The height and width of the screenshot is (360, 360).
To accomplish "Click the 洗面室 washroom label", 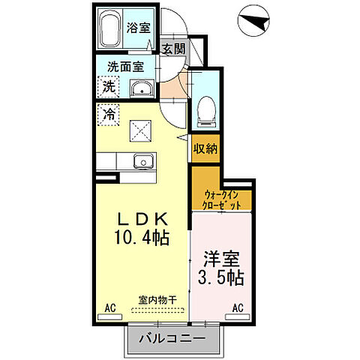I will click(x=125, y=66).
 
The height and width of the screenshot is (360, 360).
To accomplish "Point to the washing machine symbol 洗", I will click(x=109, y=87).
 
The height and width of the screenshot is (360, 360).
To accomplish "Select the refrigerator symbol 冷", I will click(x=109, y=116).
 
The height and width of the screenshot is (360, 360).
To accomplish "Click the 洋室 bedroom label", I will click(x=220, y=256).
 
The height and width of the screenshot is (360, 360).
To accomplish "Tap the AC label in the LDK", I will click(x=110, y=307).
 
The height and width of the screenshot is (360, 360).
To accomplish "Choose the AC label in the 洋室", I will click(x=239, y=307).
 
